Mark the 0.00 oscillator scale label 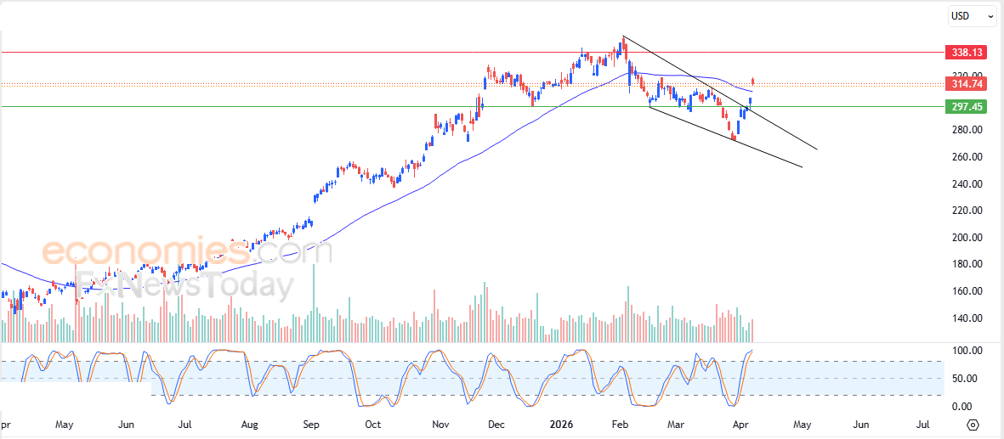pos(967,407)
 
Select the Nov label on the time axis pos(440,423)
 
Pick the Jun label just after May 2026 pos(860,423)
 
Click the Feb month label pos(620,423)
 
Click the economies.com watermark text pos(187,251)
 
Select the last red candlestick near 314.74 pos(752,82)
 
